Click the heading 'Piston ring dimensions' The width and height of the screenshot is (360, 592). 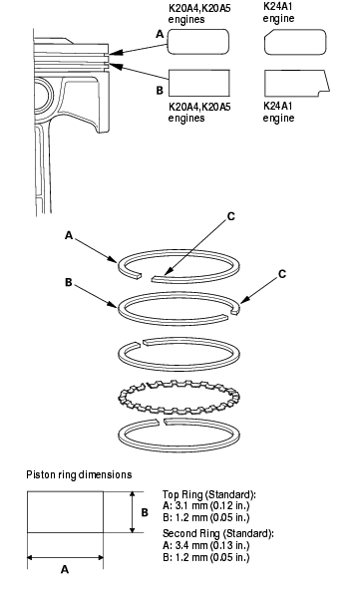79,474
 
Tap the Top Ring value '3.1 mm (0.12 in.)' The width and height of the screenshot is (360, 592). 212,506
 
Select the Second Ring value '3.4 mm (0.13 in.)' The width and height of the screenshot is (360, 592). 212,545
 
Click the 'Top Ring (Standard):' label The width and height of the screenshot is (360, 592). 209,494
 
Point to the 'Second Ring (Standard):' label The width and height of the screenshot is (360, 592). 218,533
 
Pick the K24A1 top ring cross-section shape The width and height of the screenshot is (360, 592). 295,42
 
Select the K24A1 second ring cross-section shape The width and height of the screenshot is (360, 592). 296,83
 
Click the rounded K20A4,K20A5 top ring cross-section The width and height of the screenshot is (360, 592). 198,42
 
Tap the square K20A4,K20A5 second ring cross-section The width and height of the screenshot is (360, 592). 199,83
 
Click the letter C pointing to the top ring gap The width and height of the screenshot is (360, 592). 231,216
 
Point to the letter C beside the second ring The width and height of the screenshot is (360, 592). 282,274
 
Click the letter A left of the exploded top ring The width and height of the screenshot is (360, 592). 69,235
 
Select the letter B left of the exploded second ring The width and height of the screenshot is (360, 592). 69,282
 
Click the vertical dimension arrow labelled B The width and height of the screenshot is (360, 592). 133,512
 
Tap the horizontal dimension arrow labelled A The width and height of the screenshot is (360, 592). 65,557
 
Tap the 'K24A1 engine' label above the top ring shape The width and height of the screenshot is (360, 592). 278,13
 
